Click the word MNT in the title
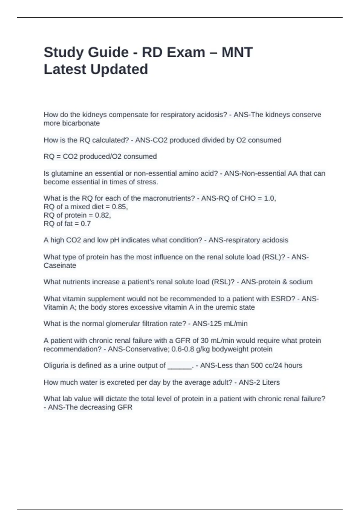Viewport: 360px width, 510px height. pyautogui.click(x=237, y=52)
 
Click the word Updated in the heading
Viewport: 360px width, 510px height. pyautogui.click(x=119, y=69)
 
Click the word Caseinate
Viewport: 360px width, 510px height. pyautogui.click(x=60, y=265)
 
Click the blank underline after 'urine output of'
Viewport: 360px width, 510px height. pyautogui.click(x=179, y=366)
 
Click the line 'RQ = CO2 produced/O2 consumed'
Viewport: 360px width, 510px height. pyautogui.click(x=100, y=157)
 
